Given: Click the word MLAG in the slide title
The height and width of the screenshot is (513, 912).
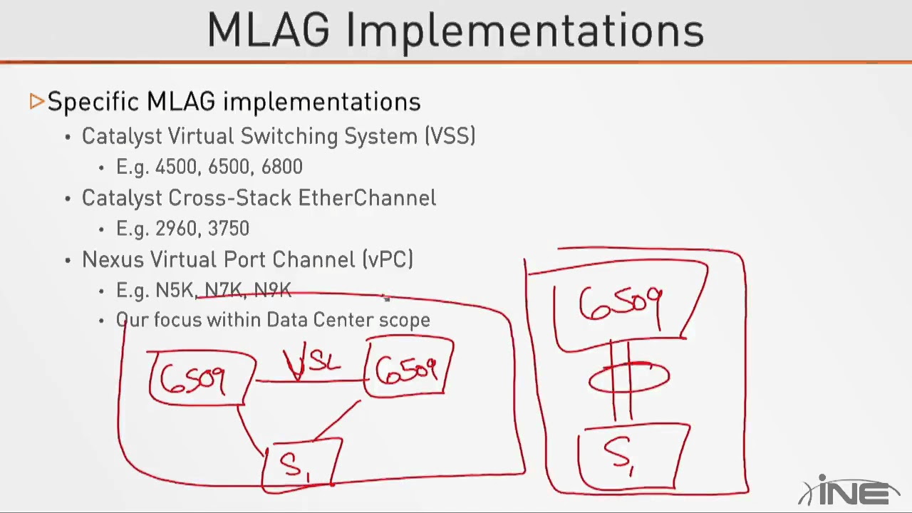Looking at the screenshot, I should coord(269,30).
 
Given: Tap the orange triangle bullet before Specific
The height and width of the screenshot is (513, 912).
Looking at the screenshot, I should coord(37,102).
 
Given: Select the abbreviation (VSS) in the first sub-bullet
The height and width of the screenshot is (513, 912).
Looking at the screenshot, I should coord(450,136).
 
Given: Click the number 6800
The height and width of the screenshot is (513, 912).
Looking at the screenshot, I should coord(281,167).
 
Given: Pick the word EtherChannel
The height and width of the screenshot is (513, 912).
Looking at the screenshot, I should coord(367,198).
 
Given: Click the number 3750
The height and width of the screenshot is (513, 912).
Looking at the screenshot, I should coord(229,229).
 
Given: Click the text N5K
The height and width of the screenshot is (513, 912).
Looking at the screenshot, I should coord(175,290).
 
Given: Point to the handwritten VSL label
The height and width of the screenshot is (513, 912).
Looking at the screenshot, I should coord(312,362).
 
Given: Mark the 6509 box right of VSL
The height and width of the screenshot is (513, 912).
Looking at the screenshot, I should coord(408,368).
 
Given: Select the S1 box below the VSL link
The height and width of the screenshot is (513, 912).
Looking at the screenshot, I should coord(301,464).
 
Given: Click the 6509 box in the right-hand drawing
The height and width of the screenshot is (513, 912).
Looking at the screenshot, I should coord(621,305).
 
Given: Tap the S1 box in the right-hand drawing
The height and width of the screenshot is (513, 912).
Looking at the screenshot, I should coord(631,455).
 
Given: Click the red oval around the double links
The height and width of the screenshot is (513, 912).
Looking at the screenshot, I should coord(629,378).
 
